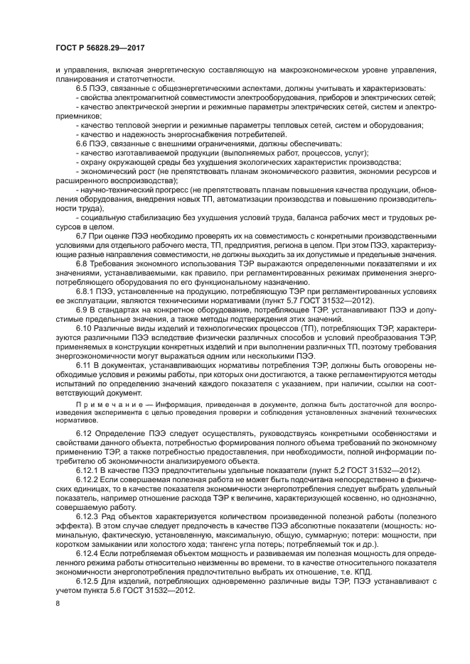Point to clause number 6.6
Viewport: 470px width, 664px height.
point(83,143)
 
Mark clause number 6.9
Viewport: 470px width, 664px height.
point(83,310)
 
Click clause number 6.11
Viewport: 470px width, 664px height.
point(85,366)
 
